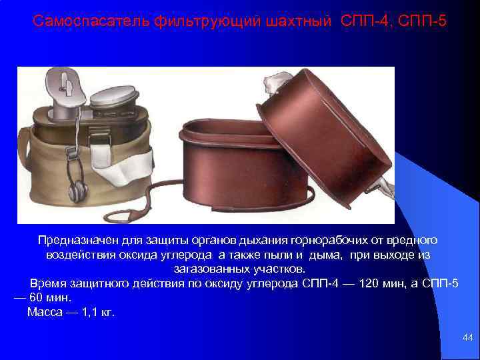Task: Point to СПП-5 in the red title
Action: [x=423, y=22]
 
